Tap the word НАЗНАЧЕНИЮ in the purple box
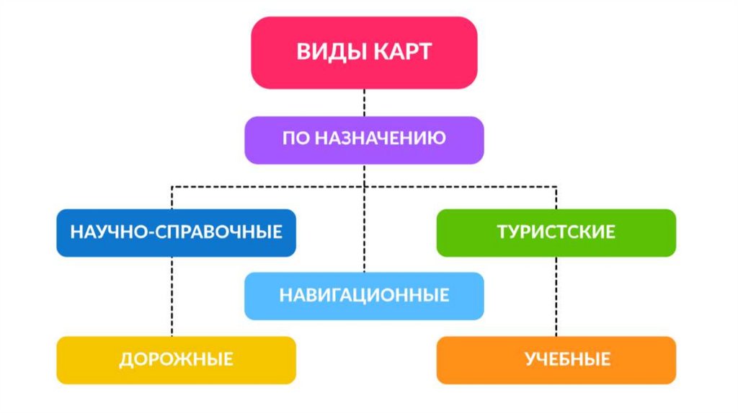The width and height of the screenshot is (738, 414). click(x=381, y=138)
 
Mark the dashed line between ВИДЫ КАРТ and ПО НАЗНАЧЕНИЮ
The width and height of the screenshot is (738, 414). click(x=364, y=102)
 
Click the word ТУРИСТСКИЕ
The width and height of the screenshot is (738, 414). click(x=556, y=232)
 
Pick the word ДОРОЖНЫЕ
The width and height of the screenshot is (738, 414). click(x=176, y=358)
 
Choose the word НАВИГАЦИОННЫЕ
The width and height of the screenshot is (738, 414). click(x=364, y=295)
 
